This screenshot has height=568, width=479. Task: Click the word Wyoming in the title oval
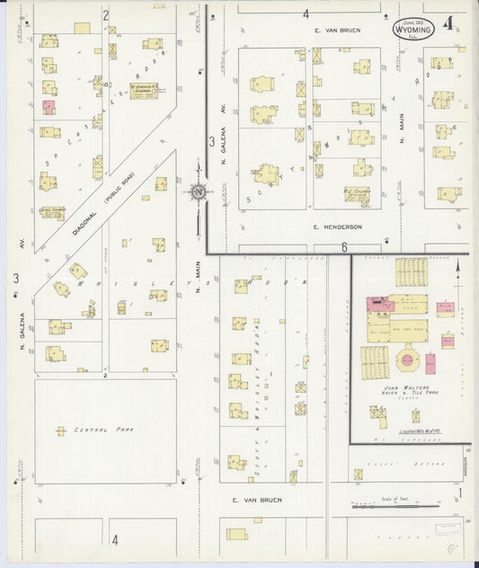[x=413, y=29]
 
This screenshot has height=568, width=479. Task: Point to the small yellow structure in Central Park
[x=61, y=431]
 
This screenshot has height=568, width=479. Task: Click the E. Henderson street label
[x=337, y=227]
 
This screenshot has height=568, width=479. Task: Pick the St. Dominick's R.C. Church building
[x=144, y=91]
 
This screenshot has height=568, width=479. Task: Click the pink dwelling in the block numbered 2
[x=49, y=107]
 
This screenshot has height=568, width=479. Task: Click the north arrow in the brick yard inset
[x=458, y=268]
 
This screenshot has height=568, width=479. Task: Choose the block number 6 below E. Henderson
[x=343, y=247]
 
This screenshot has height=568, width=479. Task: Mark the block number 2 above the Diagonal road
[x=105, y=15]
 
